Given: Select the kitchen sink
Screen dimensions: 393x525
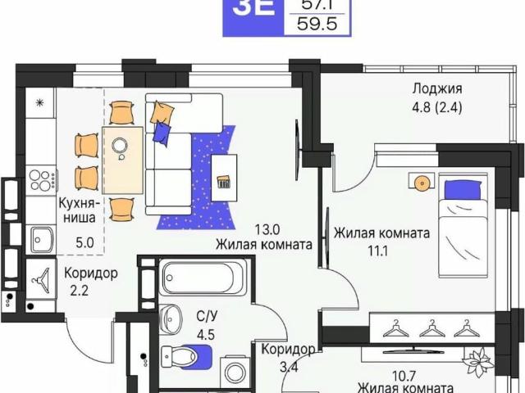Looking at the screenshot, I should coord(39,239).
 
